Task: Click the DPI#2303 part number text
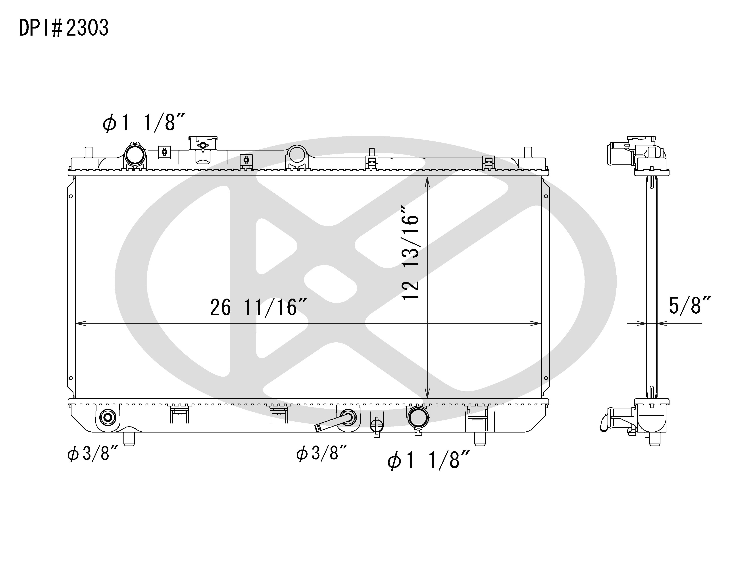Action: coord(63,28)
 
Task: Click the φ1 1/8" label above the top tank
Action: coord(144,122)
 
